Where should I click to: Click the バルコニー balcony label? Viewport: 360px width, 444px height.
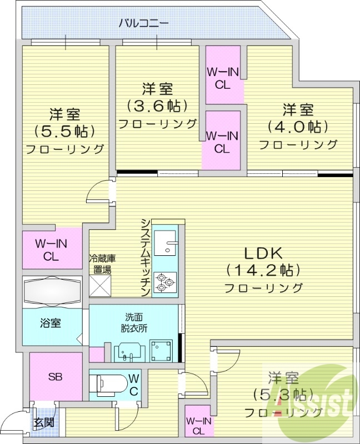[143, 23]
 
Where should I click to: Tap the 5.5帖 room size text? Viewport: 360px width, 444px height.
[64, 131]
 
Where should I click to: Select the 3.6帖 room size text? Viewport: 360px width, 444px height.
[157, 105]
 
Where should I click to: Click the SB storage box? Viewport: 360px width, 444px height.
[54, 377]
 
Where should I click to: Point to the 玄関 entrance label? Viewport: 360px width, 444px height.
[43, 422]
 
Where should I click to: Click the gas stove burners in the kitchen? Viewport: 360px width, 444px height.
[166, 282]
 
